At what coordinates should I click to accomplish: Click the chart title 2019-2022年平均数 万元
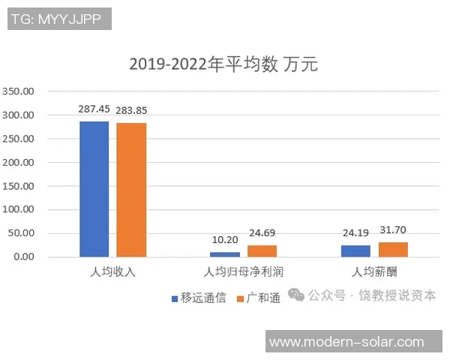(x=223, y=64)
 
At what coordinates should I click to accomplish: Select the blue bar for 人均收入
(x=94, y=189)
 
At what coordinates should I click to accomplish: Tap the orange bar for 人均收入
(x=131, y=190)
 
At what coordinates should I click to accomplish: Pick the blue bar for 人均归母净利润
(x=225, y=254)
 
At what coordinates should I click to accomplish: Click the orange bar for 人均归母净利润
(x=262, y=250)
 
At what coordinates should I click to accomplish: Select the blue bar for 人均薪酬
(x=355, y=250)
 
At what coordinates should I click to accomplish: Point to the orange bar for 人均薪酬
(x=393, y=249)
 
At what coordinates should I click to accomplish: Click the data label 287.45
(x=95, y=109)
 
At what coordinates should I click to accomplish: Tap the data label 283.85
(x=132, y=110)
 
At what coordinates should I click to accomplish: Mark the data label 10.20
(x=224, y=240)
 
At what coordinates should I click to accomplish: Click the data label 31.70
(x=393, y=230)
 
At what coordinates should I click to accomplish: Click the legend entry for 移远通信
(x=198, y=298)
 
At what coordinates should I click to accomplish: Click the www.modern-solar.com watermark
(x=346, y=342)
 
